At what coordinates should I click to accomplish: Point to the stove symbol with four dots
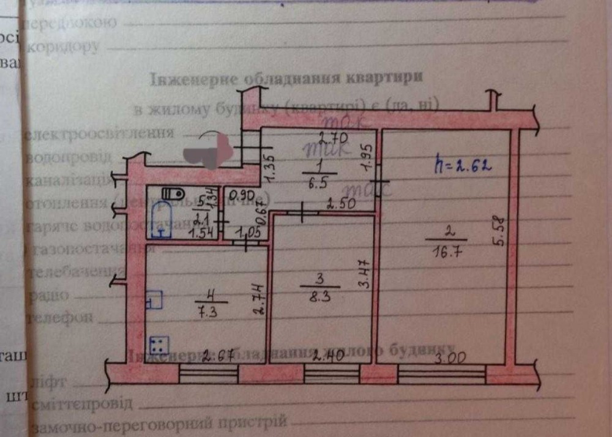158,346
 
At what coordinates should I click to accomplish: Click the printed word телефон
61,318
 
